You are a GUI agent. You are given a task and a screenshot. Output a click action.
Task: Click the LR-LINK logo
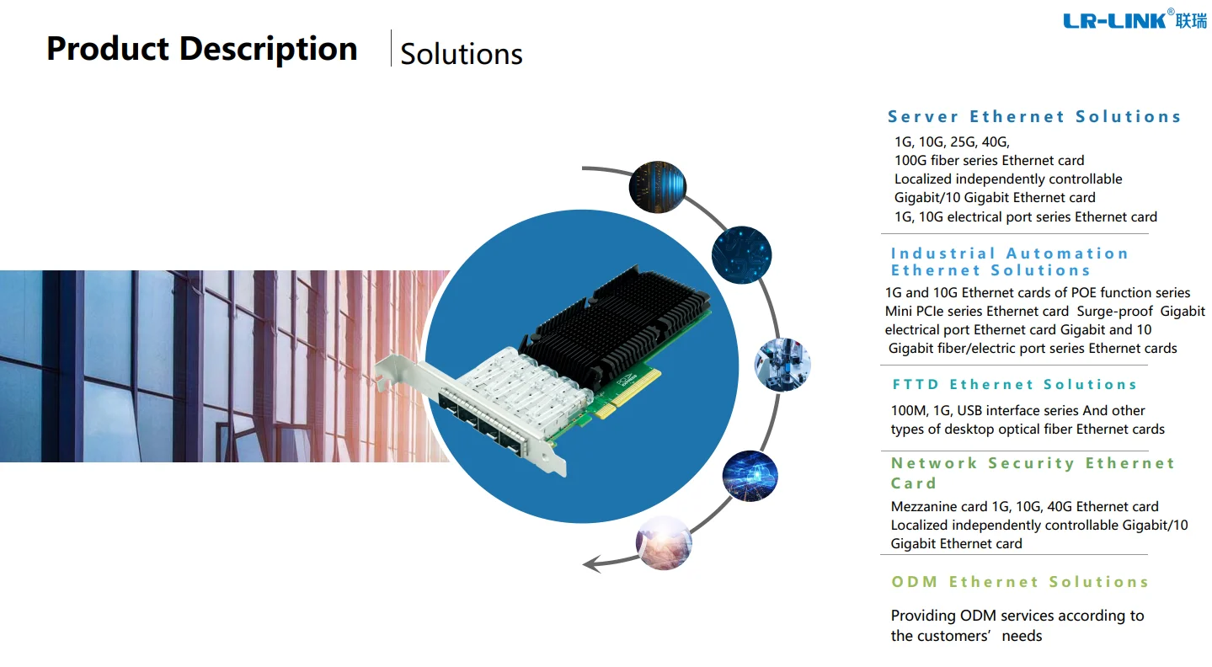[1134, 20]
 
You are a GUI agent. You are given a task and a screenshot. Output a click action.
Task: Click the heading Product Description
[202, 49]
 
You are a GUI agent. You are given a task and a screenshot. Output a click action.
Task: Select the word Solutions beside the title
[462, 54]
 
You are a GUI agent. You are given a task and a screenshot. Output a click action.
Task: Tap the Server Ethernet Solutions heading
[1034, 117]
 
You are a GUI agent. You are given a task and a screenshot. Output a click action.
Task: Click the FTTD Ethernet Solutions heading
[1014, 385]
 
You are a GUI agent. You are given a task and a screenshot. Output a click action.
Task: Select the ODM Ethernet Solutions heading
[1019, 582]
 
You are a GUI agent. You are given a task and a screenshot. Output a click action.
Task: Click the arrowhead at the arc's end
[591, 563]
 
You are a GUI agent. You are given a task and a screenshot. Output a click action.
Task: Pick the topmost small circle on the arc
[658, 186]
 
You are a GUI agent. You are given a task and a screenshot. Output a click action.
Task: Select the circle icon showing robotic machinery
[782, 366]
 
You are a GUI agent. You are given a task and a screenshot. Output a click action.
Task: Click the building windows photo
[219, 366]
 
